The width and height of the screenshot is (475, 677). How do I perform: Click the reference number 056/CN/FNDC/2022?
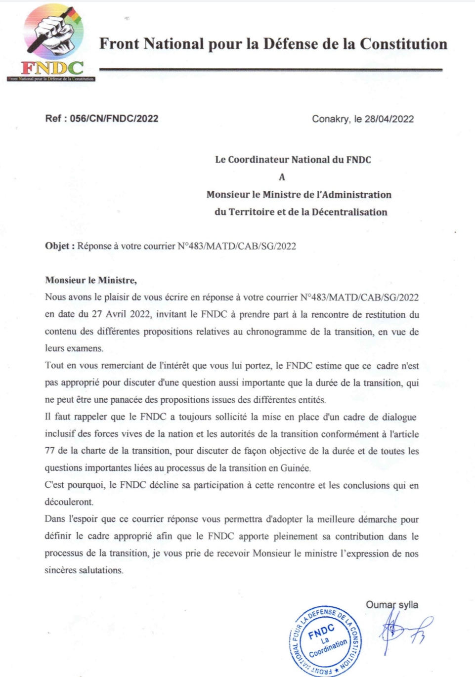point(114,119)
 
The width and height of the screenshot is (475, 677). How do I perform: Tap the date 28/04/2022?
point(389,119)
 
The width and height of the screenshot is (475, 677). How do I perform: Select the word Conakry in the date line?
point(330,119)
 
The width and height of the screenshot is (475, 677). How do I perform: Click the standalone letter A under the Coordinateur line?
point(282,177)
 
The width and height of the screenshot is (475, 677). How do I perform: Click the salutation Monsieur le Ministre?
point(91,280)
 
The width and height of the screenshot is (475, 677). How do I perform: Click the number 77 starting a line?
point(50,451)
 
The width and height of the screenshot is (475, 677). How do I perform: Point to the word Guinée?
point(295,468)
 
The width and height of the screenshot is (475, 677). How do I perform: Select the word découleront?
point(69,502)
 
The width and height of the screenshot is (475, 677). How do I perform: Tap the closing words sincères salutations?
point(84,570)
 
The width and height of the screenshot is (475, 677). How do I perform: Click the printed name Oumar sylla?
point(391,605)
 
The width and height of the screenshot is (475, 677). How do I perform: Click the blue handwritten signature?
point(403,630)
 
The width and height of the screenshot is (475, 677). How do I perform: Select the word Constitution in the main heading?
point(403,44)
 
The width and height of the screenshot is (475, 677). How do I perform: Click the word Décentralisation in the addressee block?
point(349,212)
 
